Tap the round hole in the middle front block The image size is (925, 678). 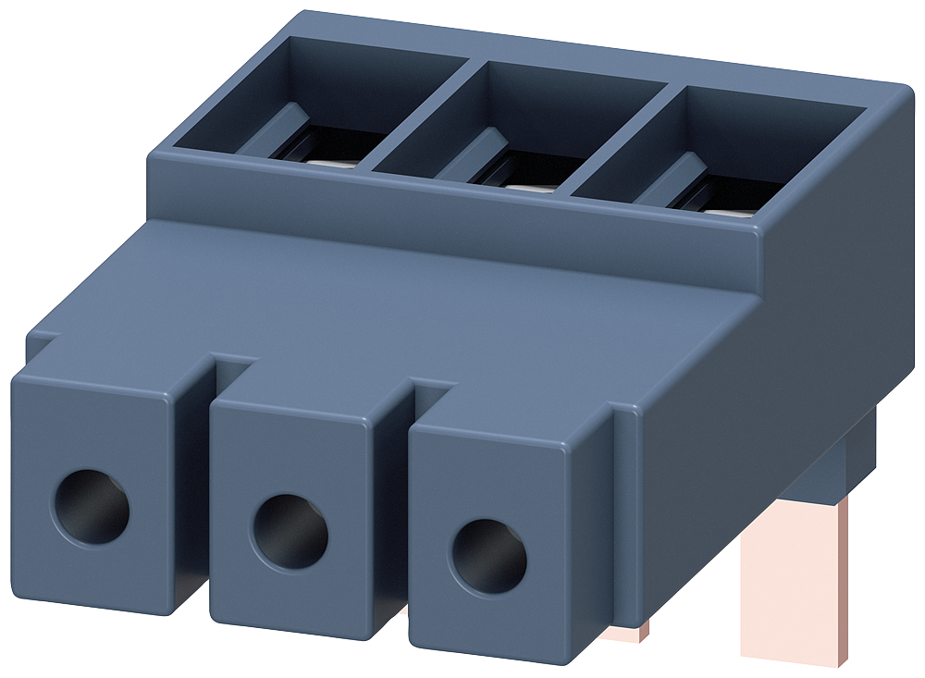point(290,531)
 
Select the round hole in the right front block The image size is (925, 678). point(487,557)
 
